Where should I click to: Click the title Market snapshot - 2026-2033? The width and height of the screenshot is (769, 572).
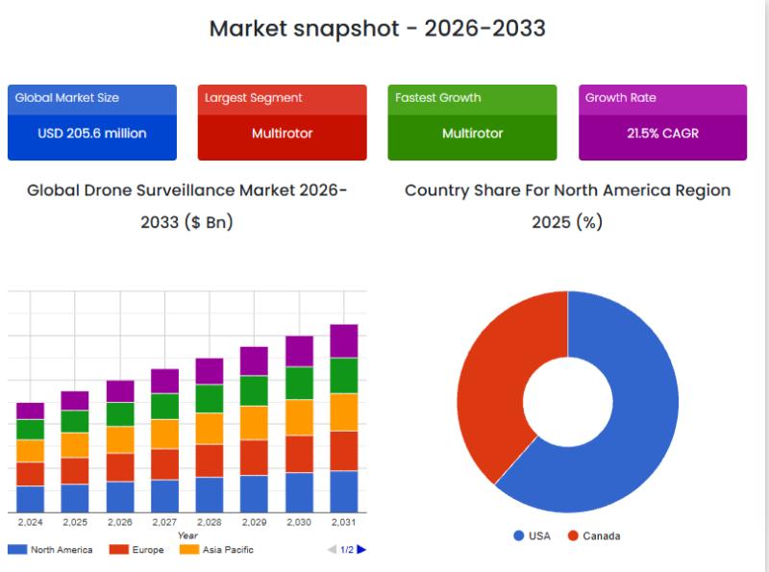[x=377, y=29]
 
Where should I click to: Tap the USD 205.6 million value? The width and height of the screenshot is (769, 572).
[x=92, y=134]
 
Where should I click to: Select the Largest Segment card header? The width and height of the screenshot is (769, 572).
[x=254, y=98]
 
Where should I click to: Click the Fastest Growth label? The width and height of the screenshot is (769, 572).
[x=438, y=98]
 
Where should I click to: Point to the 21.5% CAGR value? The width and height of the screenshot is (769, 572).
[x=662, y=134]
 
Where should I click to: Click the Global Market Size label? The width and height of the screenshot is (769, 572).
[x=67, y=98]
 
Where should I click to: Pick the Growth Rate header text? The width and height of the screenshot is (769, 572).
[x=621, y=98]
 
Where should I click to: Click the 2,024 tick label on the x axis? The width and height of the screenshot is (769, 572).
[x=31, y=522]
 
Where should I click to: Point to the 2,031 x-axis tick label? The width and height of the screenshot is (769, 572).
[x=344, y=522]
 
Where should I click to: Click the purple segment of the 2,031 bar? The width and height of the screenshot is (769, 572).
[x=344, y=341]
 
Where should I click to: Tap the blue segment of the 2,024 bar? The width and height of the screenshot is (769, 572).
[x=31, y=499]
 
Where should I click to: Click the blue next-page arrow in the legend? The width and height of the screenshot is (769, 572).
[x=361, y=550]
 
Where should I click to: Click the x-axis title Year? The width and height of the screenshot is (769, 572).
[x=187, y=535]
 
